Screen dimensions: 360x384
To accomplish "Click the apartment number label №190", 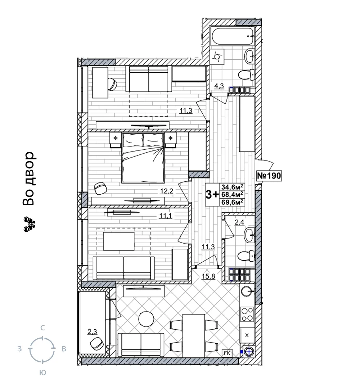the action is click(x=269, y=176).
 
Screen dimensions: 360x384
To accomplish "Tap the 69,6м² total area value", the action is click(x=232, y=202).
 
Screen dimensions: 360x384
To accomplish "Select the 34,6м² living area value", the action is click(x=232, y=187).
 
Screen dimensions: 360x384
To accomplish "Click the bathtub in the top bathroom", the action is click(x=232, y=36).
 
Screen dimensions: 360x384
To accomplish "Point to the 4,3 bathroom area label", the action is click(x=219, y=86).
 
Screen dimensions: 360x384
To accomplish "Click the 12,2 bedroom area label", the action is click(x=167, y=191).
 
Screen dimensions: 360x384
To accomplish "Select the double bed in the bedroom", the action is click(x=143, y=158).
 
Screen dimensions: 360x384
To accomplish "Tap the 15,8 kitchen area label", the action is click(x=208, y=276).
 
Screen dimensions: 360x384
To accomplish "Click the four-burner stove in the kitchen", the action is click(x=247, y=314).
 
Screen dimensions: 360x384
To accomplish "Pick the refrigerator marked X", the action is click(x=247, y=335).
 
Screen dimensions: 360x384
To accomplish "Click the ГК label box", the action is click(x=227, y=353).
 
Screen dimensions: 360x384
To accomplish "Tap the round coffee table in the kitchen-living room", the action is click(x=146, y=319).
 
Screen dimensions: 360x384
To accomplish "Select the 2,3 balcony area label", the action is click(x=92, y=331).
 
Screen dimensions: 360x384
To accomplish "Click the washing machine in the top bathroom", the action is click(x=217, y=57).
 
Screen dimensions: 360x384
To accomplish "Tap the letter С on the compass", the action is click(x=42, y=328).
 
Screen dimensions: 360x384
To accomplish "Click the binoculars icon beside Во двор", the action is click(x=29, y=224).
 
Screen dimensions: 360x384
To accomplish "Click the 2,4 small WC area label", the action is click(x=239, y=222).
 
